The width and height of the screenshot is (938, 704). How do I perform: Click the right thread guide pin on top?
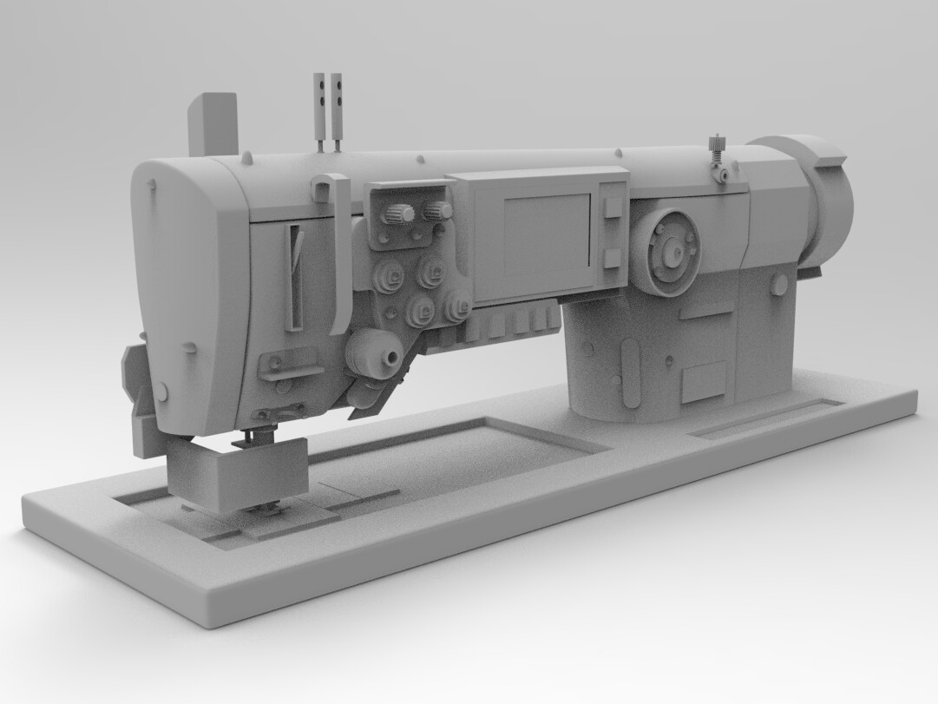(337, 109)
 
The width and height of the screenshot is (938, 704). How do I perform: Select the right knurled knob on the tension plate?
(437, 211)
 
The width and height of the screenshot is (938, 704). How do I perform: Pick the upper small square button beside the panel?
(612, 206)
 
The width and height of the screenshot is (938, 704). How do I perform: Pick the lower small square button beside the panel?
(612, 257)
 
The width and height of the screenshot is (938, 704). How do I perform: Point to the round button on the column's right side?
(779, 284)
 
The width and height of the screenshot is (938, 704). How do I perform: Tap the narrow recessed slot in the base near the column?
(767, 418)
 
